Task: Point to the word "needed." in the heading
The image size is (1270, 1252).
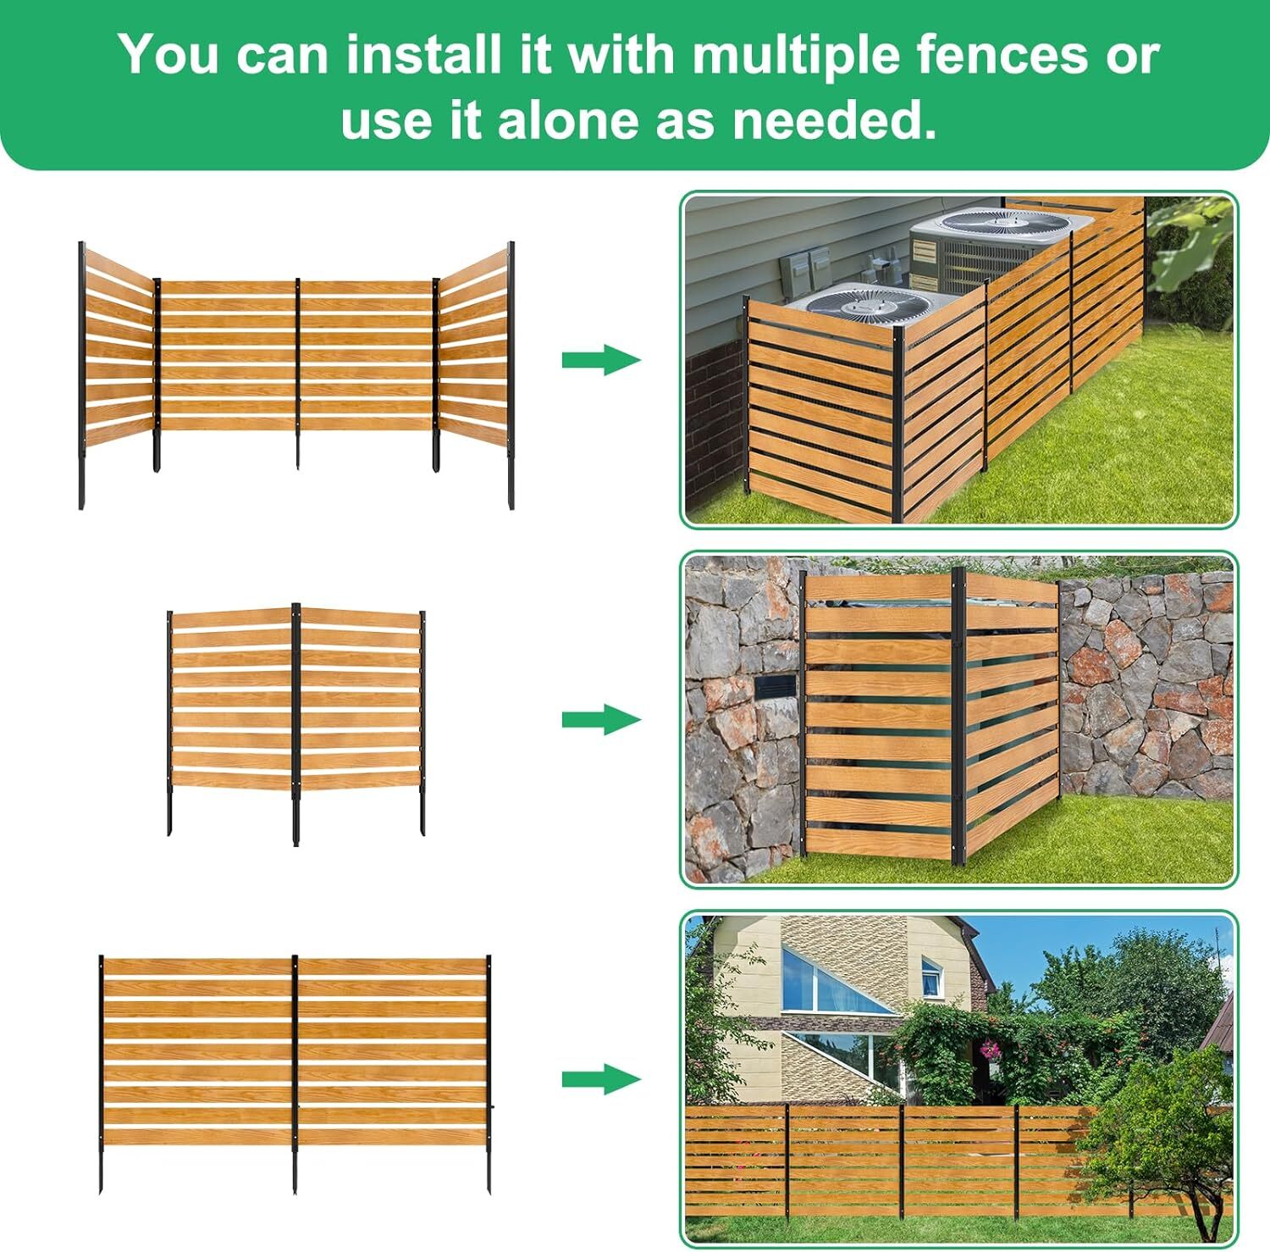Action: [x=834, y=120]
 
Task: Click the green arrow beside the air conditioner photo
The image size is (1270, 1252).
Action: [x=601, y=359]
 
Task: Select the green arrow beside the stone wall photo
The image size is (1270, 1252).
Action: [x=601, y=720]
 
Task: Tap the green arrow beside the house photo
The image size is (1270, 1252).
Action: [x=601, y=1079]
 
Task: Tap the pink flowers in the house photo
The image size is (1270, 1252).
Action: [x=989, y=1050]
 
